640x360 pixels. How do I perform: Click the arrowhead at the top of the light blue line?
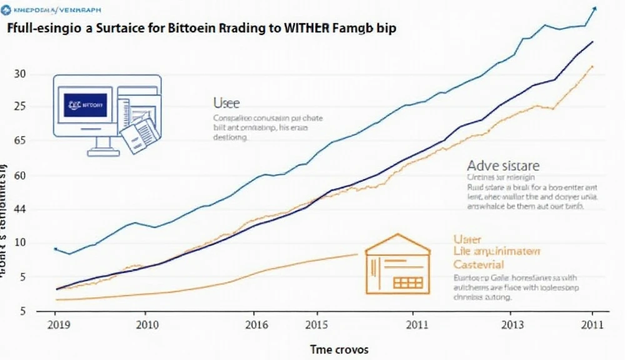tap(593, 9)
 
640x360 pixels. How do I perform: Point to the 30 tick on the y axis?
tap(20, 74)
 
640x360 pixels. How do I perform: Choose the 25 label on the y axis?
tap(20, 106)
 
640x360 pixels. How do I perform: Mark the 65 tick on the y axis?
tap(20, 141)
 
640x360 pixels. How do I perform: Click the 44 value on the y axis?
tap(20, 210)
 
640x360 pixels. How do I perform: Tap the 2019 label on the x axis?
tap(56, 325)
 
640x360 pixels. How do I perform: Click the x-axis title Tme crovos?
tap(339, 349)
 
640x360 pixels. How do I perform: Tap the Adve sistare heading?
tap(502, 166)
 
